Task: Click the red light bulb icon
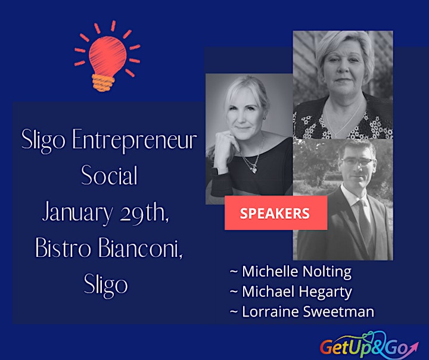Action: [x=107, y=56]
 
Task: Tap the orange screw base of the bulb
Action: [x=103, y=83]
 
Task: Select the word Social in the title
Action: [x=109, y=176]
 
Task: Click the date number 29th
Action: [x=144, y=212]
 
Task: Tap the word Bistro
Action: [x=63, y=249]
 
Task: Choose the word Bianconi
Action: [x=140, y=249]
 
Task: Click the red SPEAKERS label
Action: [x=276, y=213]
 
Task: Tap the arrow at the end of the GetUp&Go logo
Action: [x=414, y=346]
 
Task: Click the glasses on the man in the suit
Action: [x=357, y=162]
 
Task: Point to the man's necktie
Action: [x=365, y=219]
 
